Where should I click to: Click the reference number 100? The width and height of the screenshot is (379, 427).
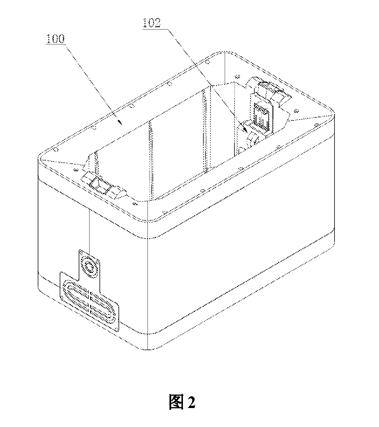55,39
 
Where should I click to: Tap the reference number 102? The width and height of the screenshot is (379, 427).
152,23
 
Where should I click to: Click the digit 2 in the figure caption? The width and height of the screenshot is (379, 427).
191,402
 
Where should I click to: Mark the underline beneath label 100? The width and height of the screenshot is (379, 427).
55,44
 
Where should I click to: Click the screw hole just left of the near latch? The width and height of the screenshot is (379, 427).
75,170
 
